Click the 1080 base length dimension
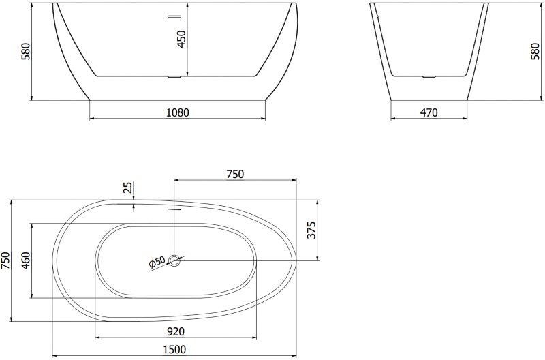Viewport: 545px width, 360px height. [178, 112]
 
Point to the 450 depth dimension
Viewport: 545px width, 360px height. [181, 40]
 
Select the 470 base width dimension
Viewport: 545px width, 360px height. [429, 112]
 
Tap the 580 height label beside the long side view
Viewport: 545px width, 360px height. [27, 52]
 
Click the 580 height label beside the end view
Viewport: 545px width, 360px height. [535, 52]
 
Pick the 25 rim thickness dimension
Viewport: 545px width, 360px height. [128, 187]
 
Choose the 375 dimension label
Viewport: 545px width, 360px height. [312, 230]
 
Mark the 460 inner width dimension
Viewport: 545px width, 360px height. [26, 261]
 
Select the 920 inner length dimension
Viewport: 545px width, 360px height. [176, 331]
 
